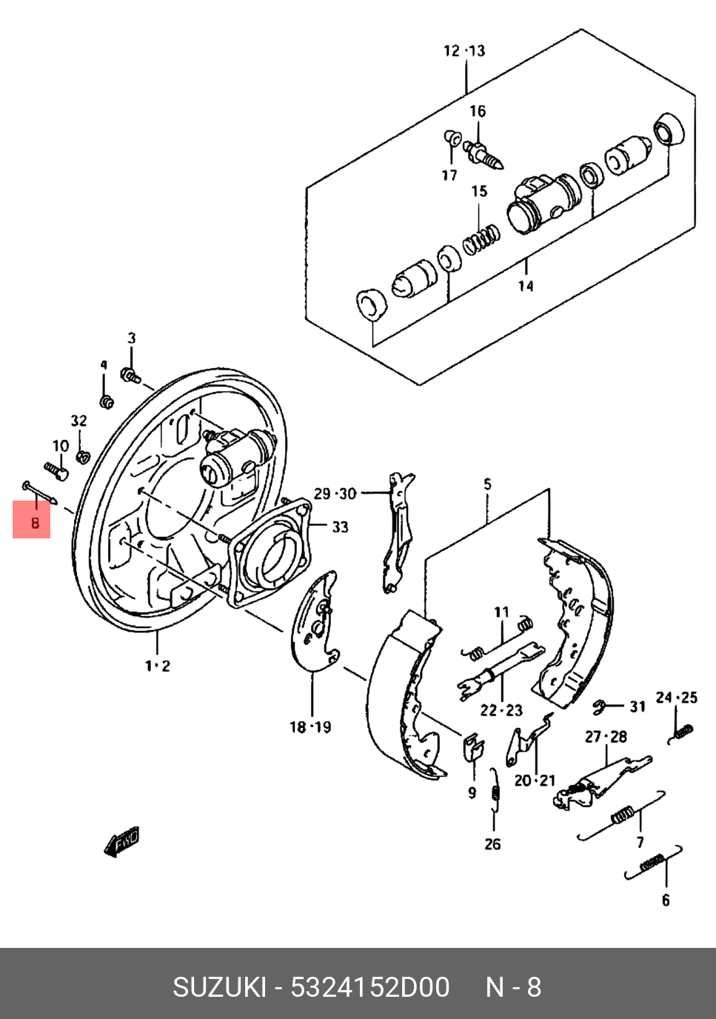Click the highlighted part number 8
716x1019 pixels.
pyautogui.click(x=35, y=523)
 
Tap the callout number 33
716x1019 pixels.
pyautogui.click(x=340, y=527)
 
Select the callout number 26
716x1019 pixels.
pyautogui.click(x=492, y=844)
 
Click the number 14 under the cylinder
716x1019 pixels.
pyautogui.click(x=526, y=286)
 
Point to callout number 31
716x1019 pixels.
pyautogui.click(x=638, y=706)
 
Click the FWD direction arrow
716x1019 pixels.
pyautogui.click(x=122, y=841)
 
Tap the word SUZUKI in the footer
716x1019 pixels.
pyautogui.click(x=219, y=988)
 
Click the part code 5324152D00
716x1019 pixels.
pyautogui.click(x=369, y=988)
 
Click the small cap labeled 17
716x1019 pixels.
pyautogui.click(x=452, y=138)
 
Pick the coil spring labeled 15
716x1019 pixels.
pyautogui.click(x=481, y=240)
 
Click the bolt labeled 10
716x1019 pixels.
pyautogui.click(x=56, y=471)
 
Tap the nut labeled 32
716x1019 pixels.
pyautogui.click(x=83, y=456)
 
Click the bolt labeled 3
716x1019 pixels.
pyautogui.click(x=130, y=375)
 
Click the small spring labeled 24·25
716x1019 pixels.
pyautogui.click(x=681, y=734)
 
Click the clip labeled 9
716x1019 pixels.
pyautogui.click(x=473, y=746)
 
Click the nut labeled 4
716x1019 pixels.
pyautogui.click(x=107, y=402)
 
